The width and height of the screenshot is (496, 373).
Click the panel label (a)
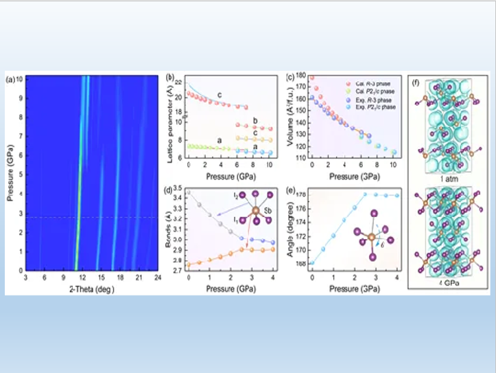tap(10, 79)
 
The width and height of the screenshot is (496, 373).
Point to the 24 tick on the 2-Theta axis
tap(157, 277)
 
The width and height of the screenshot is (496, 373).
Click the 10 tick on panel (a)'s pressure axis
tap(19, 78)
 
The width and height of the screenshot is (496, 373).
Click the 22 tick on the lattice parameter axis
tap(180, 82)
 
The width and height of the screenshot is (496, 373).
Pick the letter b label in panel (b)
tap(255, 121)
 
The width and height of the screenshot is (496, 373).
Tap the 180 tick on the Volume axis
tap(299, 76)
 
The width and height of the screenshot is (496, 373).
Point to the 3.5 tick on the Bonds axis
tap(176, 188)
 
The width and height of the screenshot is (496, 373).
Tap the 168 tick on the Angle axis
tap(300, 263)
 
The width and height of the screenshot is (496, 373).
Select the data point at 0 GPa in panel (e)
tap(312, 262)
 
